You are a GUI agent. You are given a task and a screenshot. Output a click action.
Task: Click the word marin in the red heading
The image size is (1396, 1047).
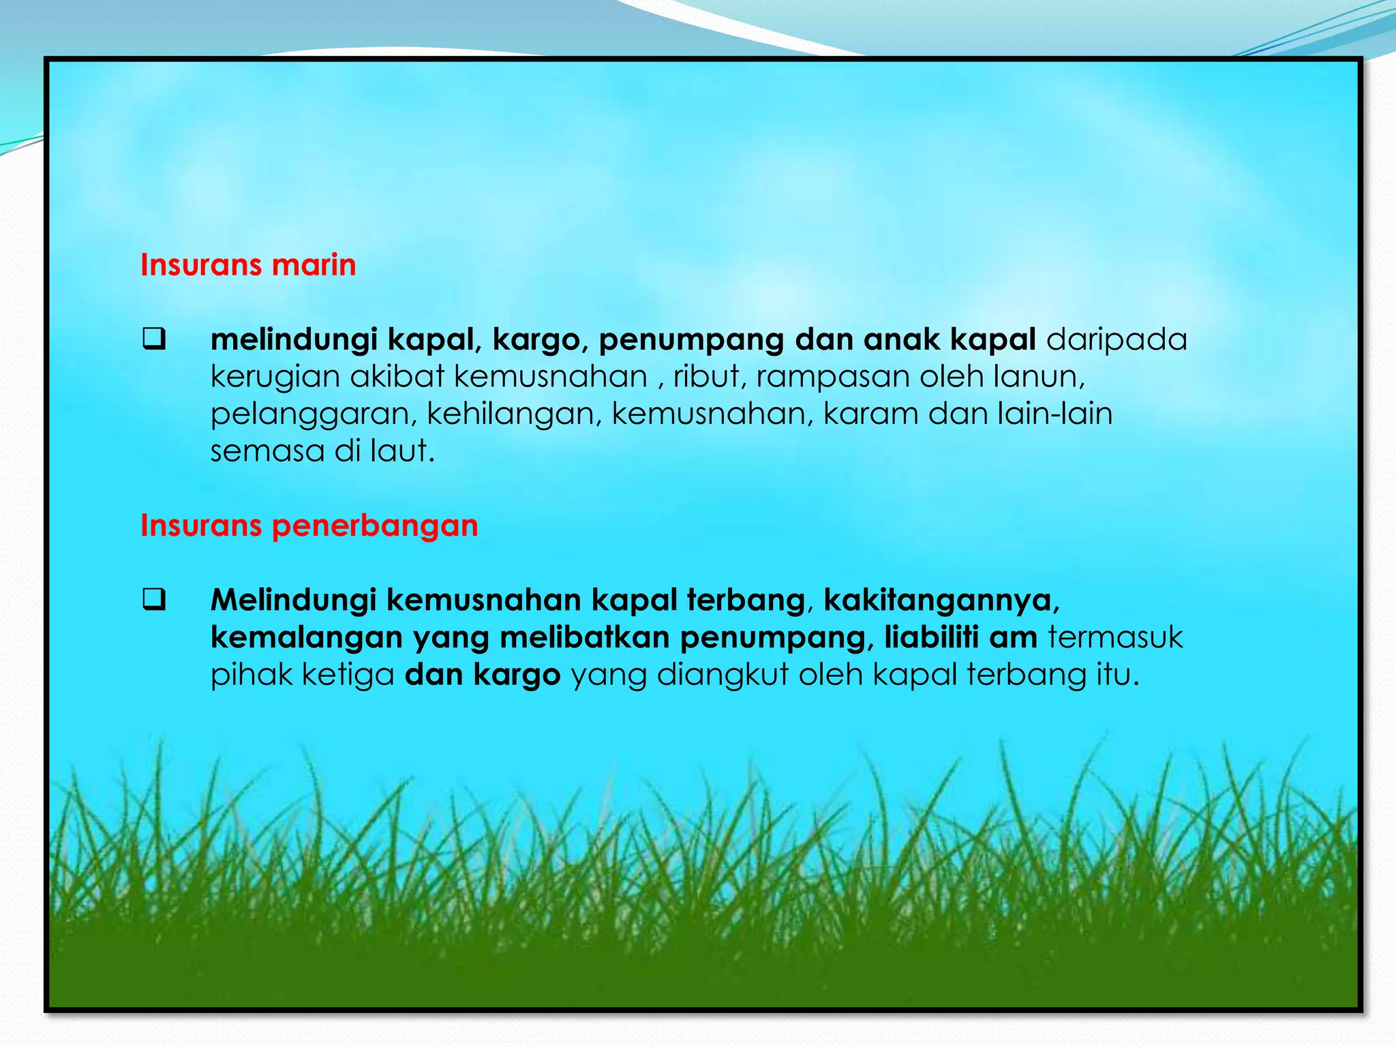(314, 265)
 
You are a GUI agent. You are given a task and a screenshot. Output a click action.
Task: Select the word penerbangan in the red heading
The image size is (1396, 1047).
(375, 526)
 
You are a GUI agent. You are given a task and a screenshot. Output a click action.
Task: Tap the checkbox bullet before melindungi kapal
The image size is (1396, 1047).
(154, 339)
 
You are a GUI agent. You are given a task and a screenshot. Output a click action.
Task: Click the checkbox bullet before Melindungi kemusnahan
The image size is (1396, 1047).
(154, 600)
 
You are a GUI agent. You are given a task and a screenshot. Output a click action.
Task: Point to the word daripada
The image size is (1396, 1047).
(1117, 340)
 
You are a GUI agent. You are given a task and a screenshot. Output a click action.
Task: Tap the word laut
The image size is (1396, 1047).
(402, 451)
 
